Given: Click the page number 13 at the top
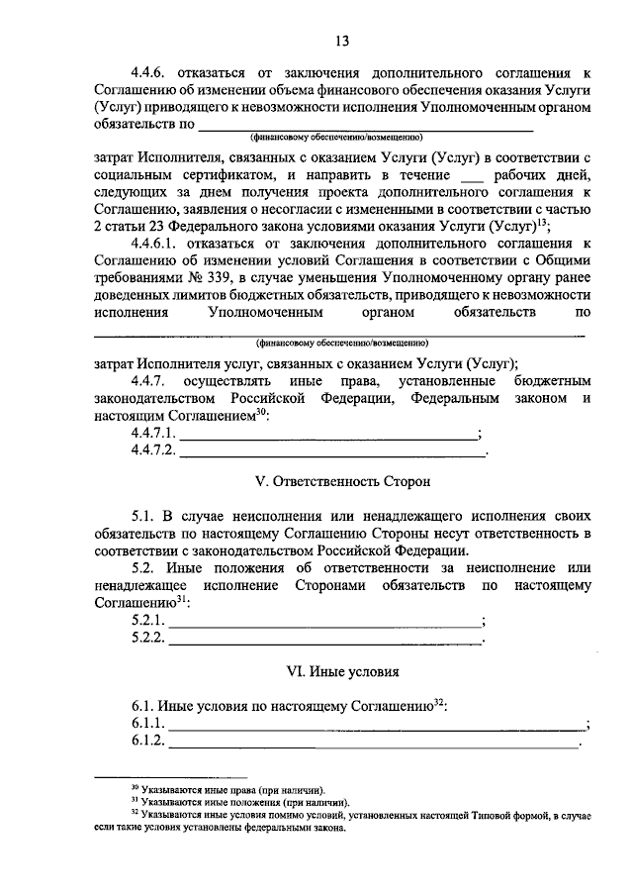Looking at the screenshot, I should (x=341, y=41).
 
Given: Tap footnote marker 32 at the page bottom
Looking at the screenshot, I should (x=135, y=814).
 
